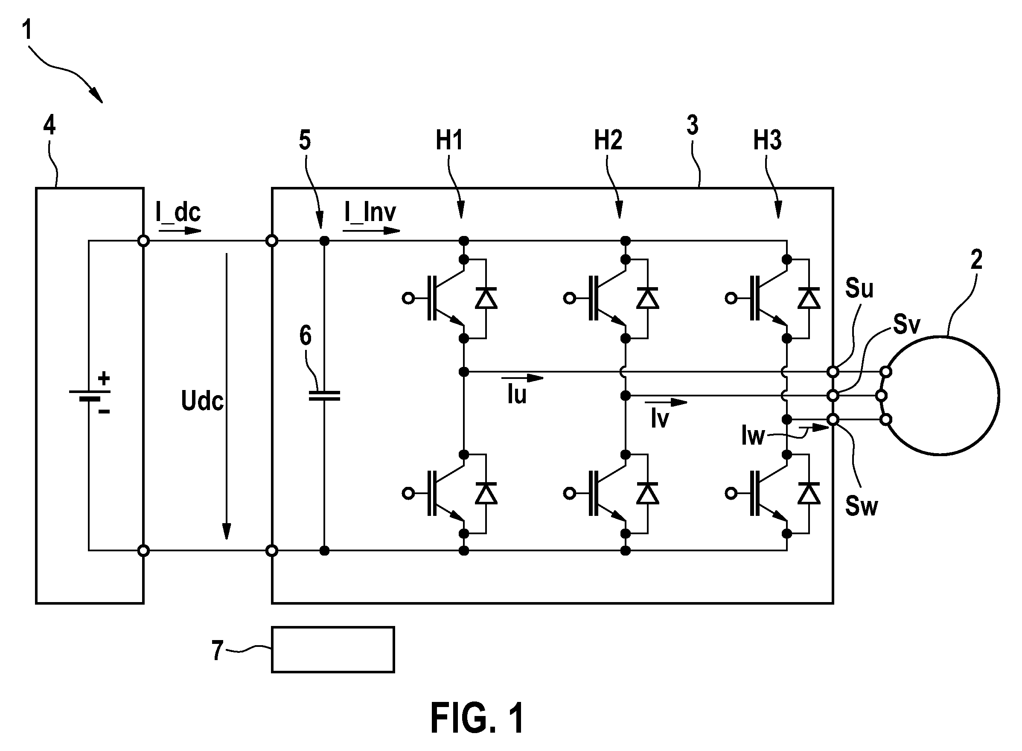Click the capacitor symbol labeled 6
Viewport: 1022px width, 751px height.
[324, 396]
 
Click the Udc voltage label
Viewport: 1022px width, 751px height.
[202, 401]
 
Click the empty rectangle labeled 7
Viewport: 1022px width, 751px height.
[333, 649]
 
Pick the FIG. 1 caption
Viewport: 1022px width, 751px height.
[478, 718]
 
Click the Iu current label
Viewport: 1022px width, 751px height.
[517, 394]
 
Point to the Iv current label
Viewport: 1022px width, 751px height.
[660, 418]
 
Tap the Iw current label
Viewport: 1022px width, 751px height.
[753, 436]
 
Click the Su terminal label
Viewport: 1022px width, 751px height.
[859, 288]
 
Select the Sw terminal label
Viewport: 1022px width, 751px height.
[861, 506]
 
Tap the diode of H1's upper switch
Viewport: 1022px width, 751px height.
[486, 298]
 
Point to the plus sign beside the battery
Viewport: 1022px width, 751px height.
[104, 378]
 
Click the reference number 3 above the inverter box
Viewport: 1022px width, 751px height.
[693, 125]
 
